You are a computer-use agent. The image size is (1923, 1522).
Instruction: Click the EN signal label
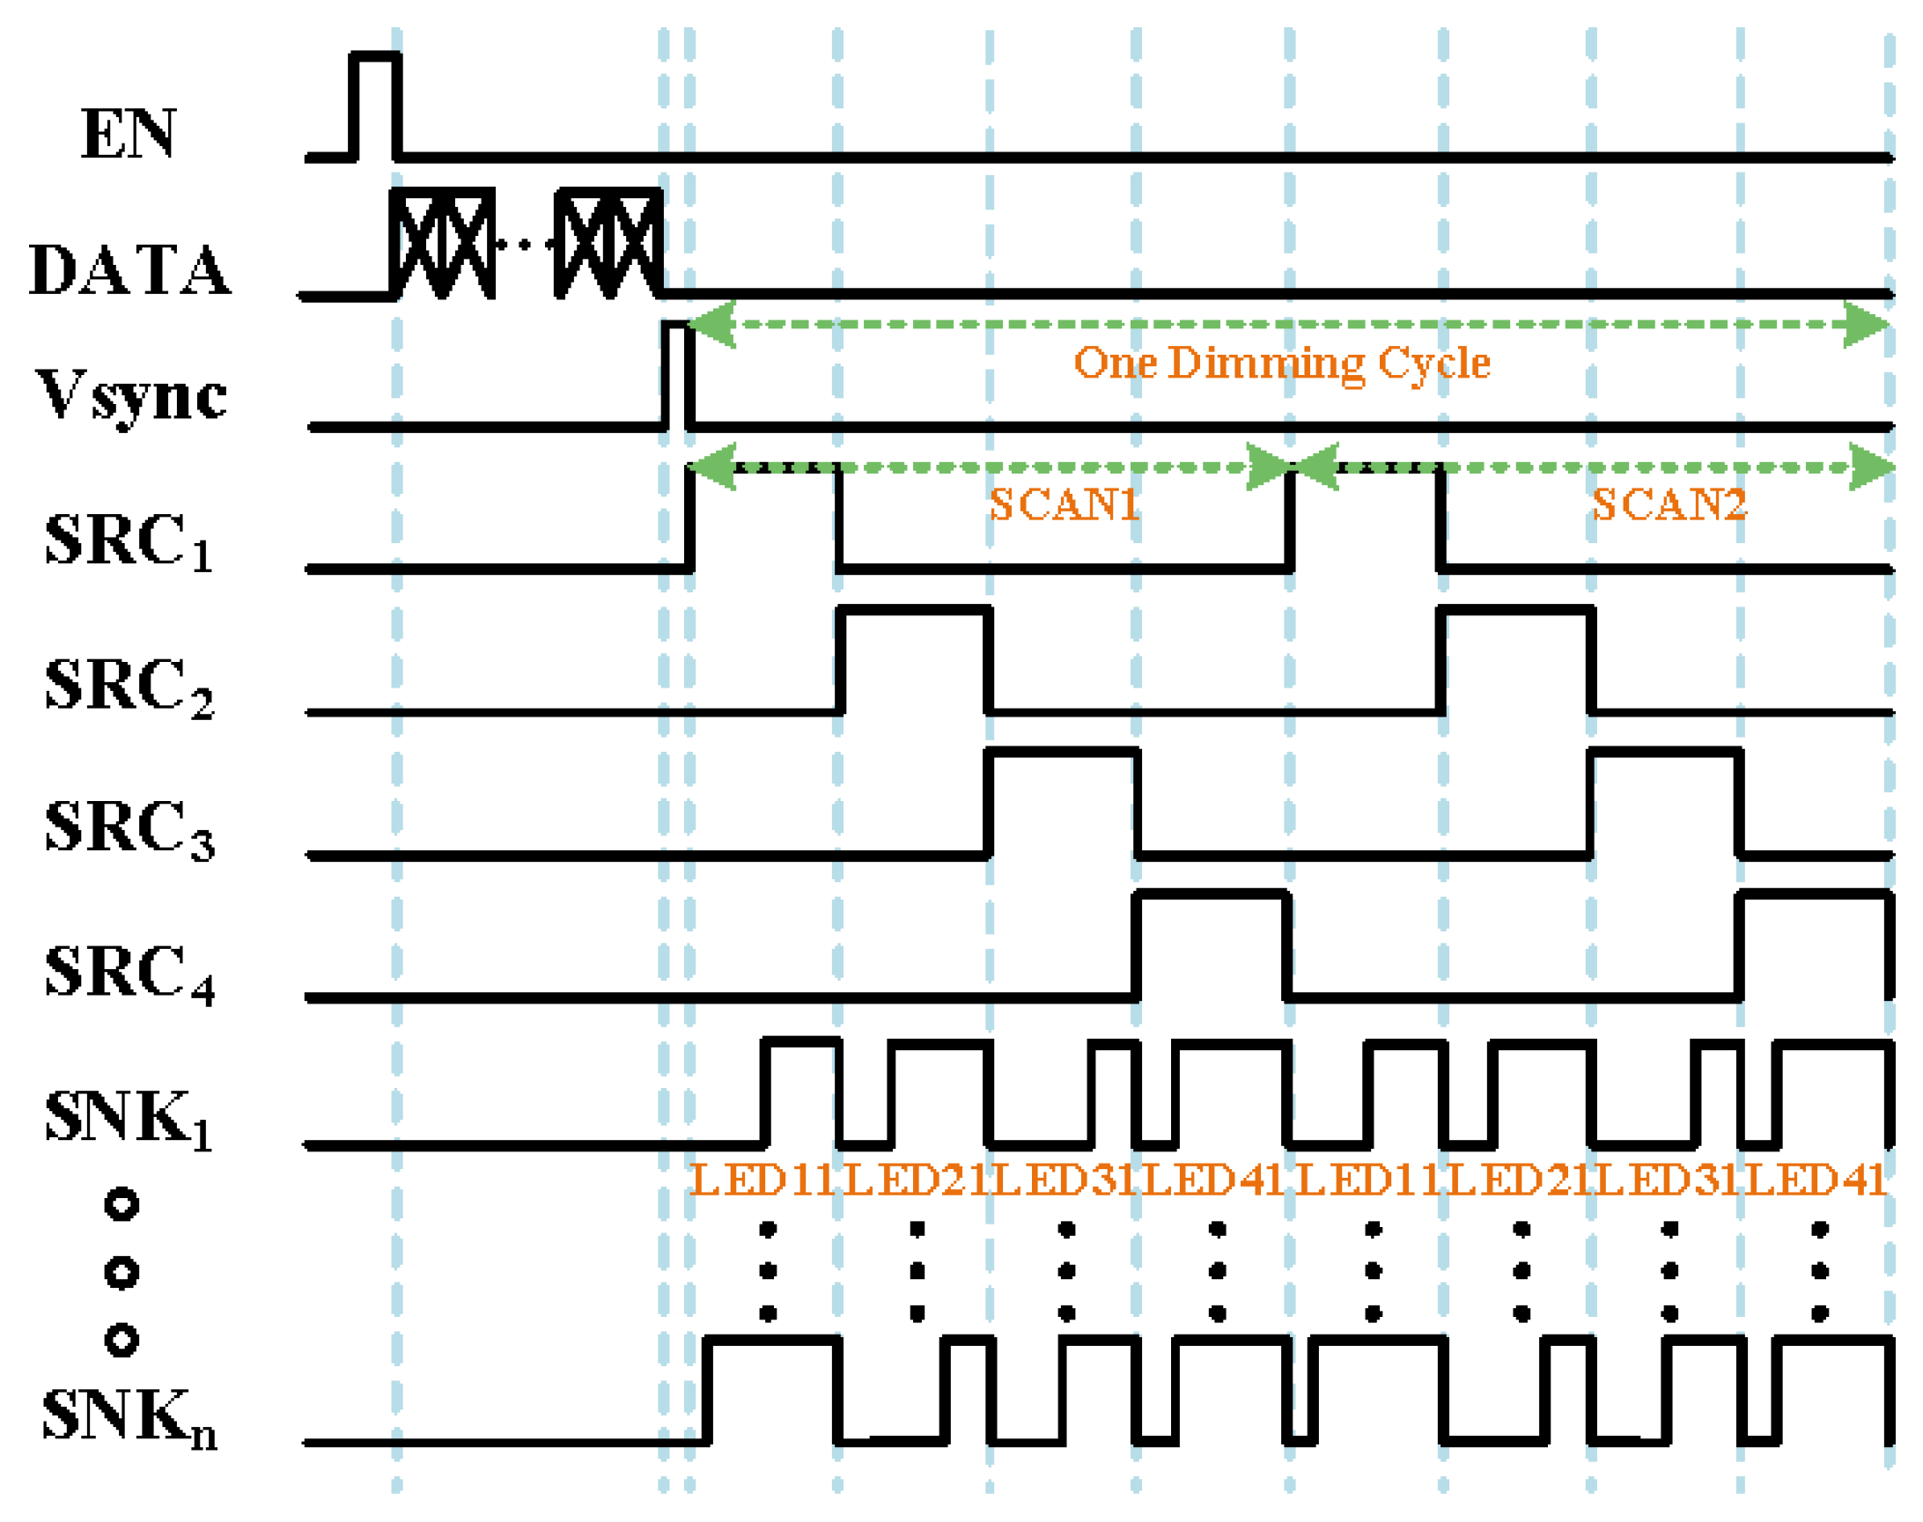click(129, 134)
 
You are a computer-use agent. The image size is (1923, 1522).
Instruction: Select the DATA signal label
click(130, 269)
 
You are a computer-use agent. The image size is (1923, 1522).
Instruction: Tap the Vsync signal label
click(132, 394)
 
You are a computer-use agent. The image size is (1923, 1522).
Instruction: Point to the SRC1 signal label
click(129, 540)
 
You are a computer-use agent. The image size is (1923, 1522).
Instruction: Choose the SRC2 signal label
click(129, 686)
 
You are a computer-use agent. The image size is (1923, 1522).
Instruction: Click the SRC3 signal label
click(129, 828)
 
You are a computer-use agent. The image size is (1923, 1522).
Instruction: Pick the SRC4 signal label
click(129, 972)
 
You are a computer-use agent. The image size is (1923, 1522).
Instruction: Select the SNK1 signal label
click(129, 1117)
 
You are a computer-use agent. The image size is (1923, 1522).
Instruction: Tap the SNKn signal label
click(129, 1417)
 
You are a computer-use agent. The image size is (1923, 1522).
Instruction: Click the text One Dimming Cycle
click(1280, 363)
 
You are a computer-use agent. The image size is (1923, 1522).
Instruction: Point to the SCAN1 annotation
click(1064, 504)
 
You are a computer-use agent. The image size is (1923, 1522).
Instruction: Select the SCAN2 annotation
click(1669, 504)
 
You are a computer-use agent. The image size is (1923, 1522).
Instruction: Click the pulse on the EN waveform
click(375, 105)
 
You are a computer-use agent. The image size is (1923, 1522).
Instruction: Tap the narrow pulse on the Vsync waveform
click(675, 374)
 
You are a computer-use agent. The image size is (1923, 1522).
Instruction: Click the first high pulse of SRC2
click(913, 659)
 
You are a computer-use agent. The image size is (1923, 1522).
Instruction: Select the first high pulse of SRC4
click(1212, 945)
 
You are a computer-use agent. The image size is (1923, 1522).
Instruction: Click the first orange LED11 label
click(763, 1180)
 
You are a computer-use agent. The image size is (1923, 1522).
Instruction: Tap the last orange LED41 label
click(1816, 1180)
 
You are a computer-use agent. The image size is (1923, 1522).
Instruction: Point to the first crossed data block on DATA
click(442, 242)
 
